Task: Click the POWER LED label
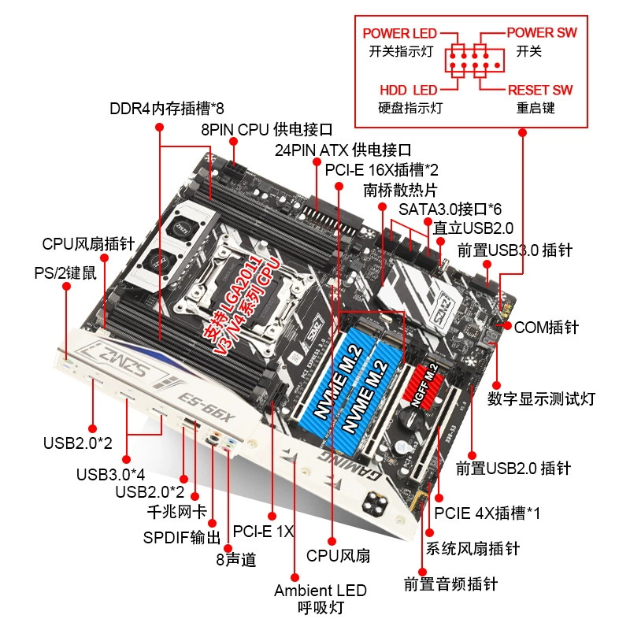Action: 398,33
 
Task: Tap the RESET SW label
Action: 539,90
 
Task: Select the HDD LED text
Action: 408,90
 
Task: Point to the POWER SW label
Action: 541,33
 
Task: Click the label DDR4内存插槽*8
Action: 167,107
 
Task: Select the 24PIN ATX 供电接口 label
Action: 343,149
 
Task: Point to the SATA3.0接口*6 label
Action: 450,209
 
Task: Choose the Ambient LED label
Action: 321,590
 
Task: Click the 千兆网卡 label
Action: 176,512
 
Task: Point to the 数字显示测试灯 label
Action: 541,399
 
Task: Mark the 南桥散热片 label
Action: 400,190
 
